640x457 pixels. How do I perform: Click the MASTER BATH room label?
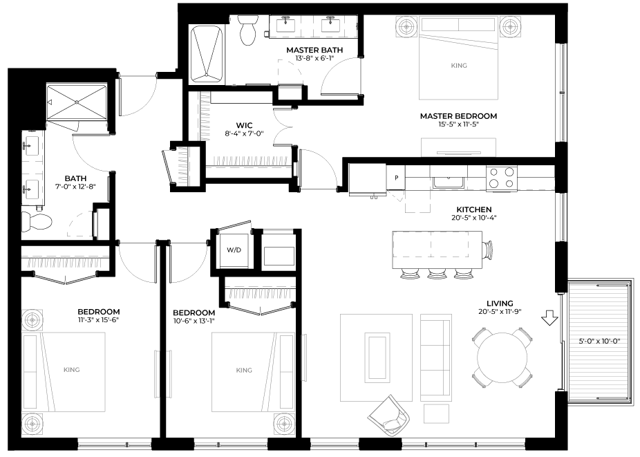[311, 50]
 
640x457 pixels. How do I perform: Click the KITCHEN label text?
[473, 209]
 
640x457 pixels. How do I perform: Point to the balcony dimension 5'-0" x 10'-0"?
[599, 340]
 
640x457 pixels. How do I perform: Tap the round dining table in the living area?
[502, 357]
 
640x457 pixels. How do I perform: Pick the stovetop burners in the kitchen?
[502, 178]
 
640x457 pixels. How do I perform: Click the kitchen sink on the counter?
[448, 182]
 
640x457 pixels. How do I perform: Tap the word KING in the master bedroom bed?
[458, 66]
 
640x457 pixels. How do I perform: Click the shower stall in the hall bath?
[76, 104]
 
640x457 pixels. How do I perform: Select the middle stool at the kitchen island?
[437, 273]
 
